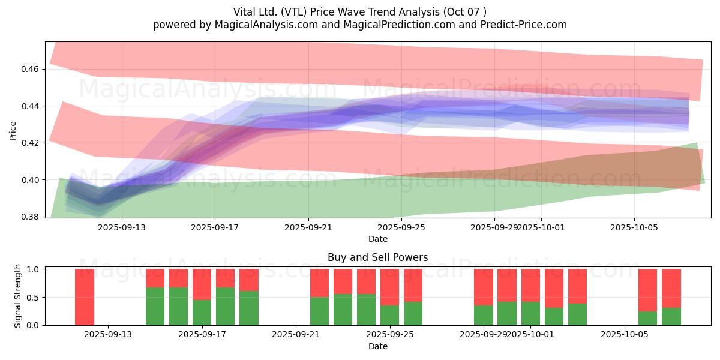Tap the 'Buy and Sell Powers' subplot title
(x=377, y=257)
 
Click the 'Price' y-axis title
(x=13, y=130)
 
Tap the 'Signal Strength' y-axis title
(x=18, y=296)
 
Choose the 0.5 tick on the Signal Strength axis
(x=33, y=297)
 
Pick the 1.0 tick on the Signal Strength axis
(x=33, y=269)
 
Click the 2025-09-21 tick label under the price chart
(x=308, y=228)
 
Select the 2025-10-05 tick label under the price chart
(x=635, y=228)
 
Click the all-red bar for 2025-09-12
(x=85, y=297)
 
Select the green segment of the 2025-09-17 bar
(x=202, y=313)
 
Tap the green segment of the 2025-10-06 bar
(x=647, y=318)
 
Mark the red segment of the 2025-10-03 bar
(x=577, y=286)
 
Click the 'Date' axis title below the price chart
(x=377, y=239)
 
